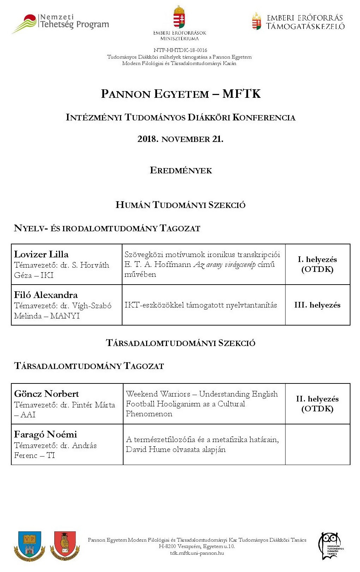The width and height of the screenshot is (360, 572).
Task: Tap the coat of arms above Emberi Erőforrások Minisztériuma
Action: tap(179, 17)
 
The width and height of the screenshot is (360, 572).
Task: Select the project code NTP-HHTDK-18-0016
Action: tap(180, 50)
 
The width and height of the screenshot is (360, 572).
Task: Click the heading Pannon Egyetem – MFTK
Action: tap(180, 94)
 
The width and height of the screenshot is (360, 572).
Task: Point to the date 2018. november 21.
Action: tap(180, 139)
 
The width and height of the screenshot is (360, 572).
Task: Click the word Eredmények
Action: tap(181, 171)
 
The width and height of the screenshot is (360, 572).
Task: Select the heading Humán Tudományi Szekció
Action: tap(180, 205)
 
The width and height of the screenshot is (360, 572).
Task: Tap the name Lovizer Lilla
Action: tap(41, 254)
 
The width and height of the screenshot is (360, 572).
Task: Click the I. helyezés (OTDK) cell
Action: tap(317, 264)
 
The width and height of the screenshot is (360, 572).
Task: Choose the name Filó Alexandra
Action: tap(46, 295)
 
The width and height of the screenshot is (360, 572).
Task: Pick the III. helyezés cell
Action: tap(317, 305)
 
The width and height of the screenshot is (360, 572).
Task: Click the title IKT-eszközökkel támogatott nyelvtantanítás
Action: tap(200, 305)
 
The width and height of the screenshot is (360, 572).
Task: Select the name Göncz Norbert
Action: tap(47, 394)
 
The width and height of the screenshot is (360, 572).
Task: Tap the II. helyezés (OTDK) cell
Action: tap(317, 404)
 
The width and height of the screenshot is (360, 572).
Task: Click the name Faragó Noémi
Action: tap(46, 434)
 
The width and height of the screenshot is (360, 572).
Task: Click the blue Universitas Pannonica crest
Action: tap(30, 546)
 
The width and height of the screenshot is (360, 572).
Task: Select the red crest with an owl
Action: tap(65, 546)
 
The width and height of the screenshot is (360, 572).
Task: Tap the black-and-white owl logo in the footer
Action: tap(330, 546)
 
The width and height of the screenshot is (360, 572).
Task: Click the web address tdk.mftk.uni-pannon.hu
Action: tap(197, 553)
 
